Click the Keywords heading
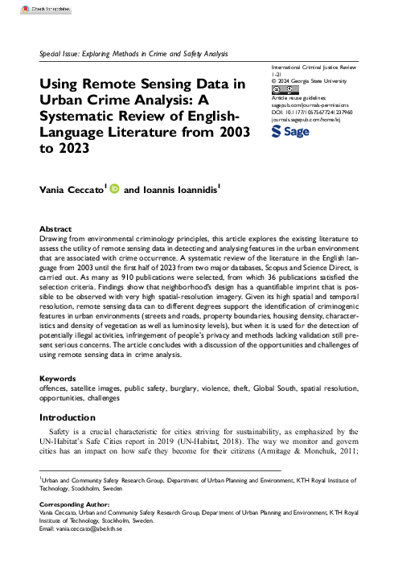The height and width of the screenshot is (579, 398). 59,378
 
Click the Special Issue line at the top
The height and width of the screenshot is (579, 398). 133,53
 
